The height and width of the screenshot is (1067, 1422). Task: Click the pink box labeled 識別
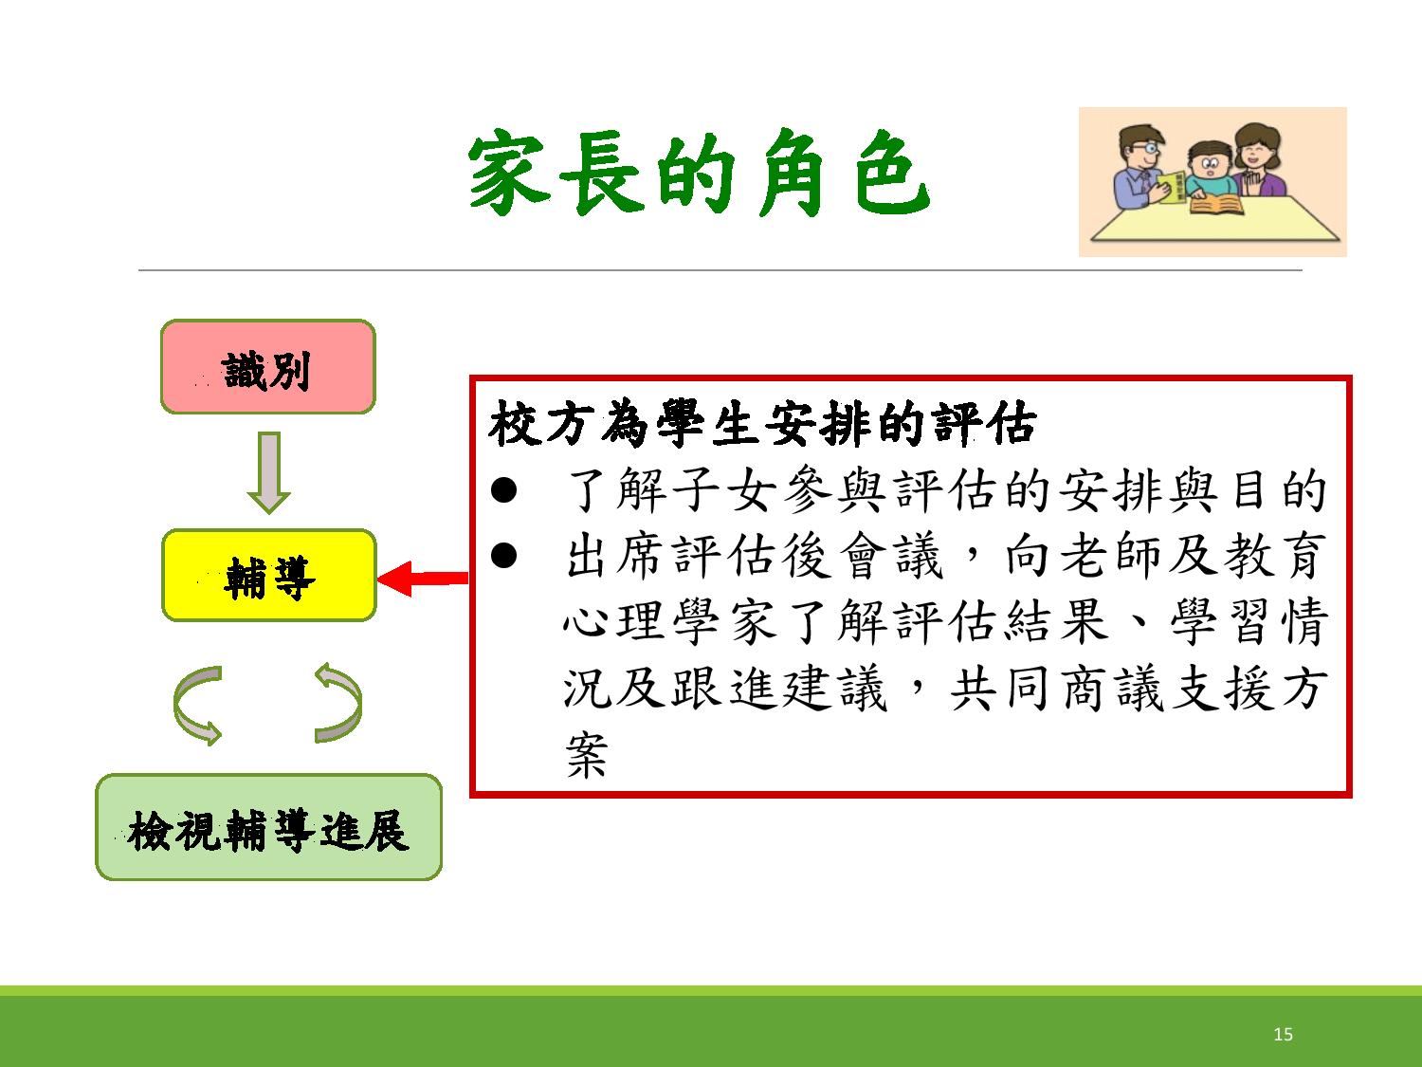pyautogui.click(x=268, y=367)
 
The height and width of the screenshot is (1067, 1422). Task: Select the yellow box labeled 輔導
pyautogui.click(x=269, y=576)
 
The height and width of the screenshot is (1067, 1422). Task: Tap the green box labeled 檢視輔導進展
pyautogui.click(x=269, y=827)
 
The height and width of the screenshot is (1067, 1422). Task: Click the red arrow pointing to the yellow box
pyautogui.click(x=423, y=578)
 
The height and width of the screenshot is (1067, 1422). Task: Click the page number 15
pyautogui.click(x=1283, y=1034)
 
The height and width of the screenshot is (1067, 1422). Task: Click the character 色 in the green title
pyautogui.click(x=893, y=173)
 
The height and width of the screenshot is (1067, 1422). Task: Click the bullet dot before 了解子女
pyautogui.click(x=503, y=489)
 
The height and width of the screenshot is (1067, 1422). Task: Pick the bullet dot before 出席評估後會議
pyautogui.click(x=503, y=555)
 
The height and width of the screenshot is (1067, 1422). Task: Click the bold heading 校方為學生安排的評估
pyautogui.click(x=762, y=424)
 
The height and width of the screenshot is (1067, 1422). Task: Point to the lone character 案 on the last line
pyautogui.click(x=586, y=755)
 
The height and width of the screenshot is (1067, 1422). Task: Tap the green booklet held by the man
pyautogui.click(x=1173, y=187)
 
